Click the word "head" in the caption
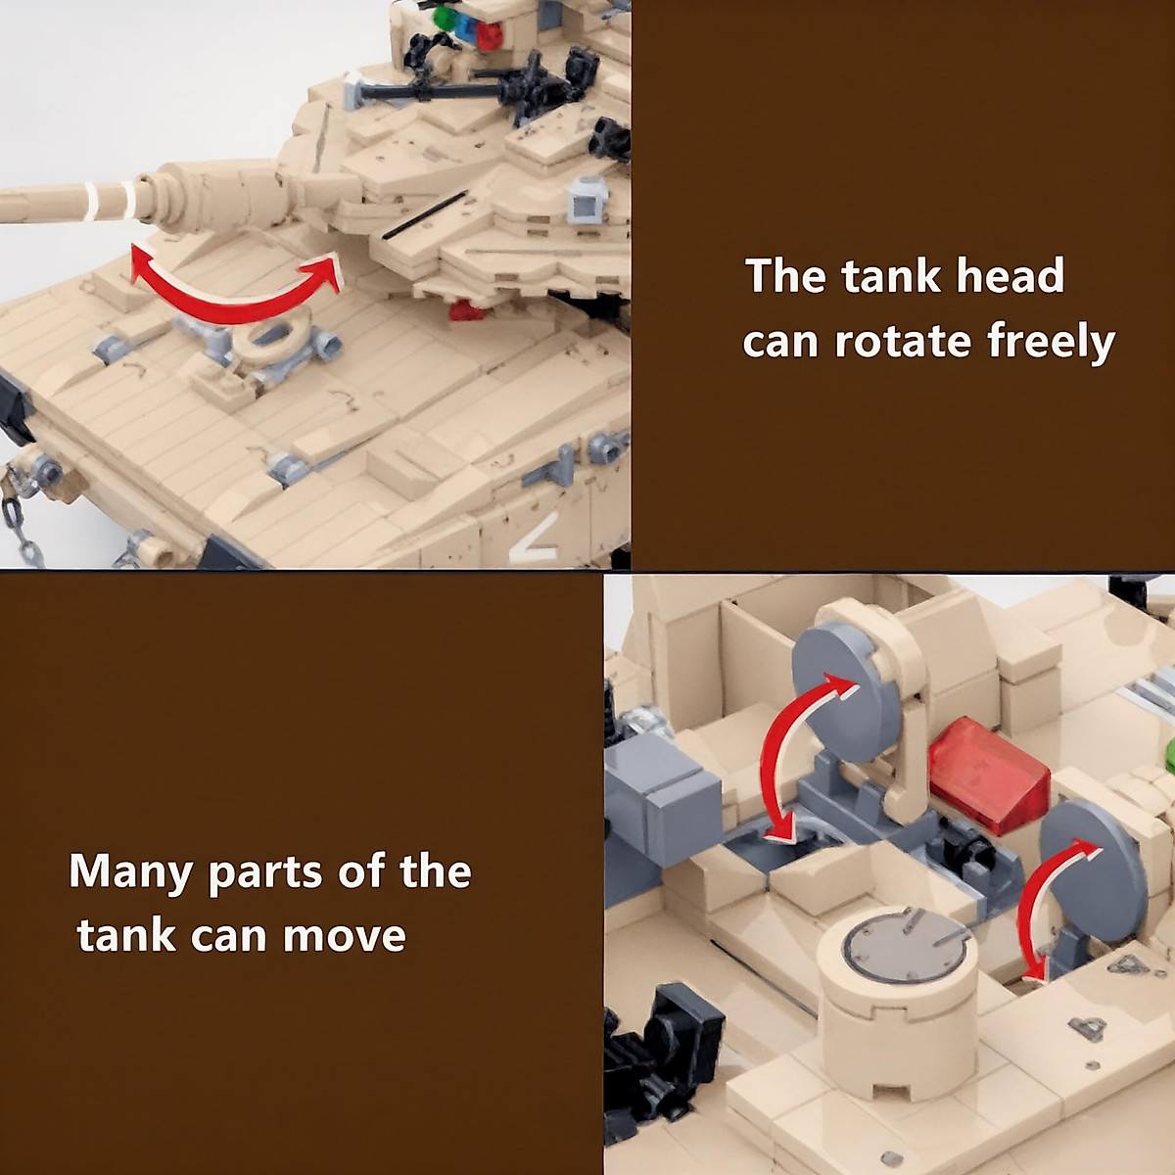[x=1010, y=276]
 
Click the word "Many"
[x=129, y=871]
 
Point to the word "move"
[x=344, y=936]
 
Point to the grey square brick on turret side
[x=585, y=202]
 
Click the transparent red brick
[x=988, y=775]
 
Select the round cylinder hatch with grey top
[x=896, y=999]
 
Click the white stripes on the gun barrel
[x=108, y=201]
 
